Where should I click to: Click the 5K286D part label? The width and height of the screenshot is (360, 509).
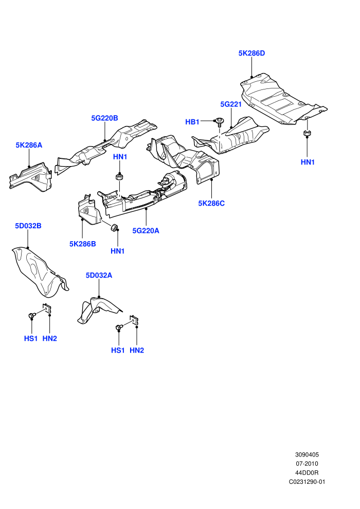(251, 53)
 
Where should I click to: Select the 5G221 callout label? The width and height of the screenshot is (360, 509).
(231, 104)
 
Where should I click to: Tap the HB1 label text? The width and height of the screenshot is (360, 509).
(192, 122)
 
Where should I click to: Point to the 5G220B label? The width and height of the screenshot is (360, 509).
(104, 118)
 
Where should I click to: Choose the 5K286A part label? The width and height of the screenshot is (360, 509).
(29, 145)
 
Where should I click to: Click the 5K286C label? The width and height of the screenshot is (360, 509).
(211, 204)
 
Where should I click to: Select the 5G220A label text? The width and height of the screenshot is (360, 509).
(146, 231)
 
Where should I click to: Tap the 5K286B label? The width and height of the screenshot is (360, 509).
(82, 244)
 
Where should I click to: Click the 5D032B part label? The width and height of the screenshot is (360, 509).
(28, 226)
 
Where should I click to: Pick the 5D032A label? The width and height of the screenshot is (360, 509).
(99, 275)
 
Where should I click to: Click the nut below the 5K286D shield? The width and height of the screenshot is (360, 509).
(307, 133)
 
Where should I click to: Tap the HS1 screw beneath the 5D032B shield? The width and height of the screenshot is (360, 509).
(31, 315)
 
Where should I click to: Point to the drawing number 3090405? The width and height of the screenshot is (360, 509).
(307, 455)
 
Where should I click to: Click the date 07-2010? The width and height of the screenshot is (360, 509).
(307, 464)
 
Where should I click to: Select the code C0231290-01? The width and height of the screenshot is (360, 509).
(307, 482)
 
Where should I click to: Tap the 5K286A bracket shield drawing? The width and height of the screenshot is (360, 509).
(31, 176)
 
